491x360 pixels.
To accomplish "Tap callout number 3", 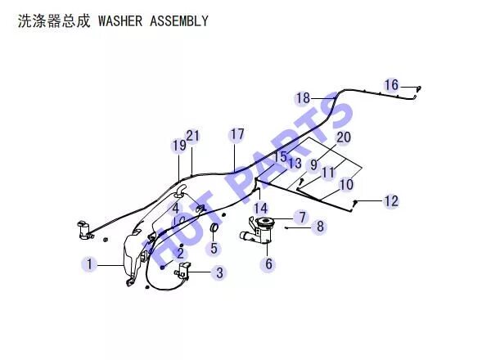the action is (x=218, y=273).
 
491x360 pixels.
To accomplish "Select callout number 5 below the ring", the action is (x=214, y=249).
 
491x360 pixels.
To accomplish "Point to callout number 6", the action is (x=268, y=263).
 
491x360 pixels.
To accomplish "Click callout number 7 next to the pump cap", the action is (x=301, y=218).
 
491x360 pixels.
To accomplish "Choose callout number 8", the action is (x=320, y=227).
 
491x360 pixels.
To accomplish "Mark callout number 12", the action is (x=391, y=200).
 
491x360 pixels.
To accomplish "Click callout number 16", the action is (x=391, y=85).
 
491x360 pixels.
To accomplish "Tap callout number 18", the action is (x=304, y=98).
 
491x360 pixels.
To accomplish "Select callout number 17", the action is (x=237, y=134).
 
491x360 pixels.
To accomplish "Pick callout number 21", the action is (x=193, y=136).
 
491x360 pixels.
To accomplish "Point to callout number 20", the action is (x=344, y=137).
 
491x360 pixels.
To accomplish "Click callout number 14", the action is (x=260, y=208).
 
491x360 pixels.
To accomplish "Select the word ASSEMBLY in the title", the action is (x=179, y=21).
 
